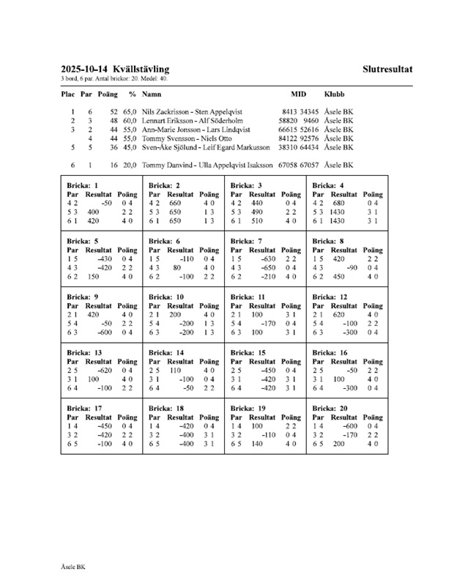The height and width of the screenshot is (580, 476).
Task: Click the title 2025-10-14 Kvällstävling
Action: [116, 70]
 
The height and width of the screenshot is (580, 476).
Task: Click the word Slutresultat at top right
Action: [387, 70]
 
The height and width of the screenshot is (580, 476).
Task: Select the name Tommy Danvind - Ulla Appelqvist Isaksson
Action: [208, 166]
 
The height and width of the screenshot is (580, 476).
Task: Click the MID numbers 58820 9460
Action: [299, 120]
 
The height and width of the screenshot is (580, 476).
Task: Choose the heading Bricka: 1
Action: [82, 185]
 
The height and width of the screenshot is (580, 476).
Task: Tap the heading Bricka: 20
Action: [330, 409]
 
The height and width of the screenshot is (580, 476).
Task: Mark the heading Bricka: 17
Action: [84, 409]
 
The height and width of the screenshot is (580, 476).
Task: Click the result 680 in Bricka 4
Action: [338, 202]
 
